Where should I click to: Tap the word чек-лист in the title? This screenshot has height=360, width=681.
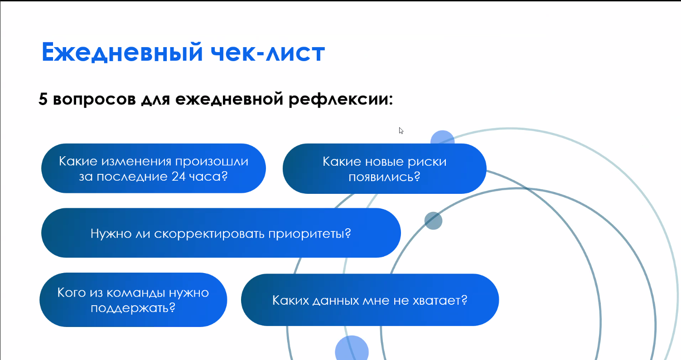[268, 52]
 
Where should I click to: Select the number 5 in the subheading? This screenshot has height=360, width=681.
[43, 99]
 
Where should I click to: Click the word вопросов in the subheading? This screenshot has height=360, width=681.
[95, 100]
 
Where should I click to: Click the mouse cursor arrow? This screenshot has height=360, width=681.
[401, 130]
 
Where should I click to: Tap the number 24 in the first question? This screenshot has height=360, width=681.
[179, 177]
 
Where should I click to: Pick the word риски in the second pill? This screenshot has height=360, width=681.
[427, 162]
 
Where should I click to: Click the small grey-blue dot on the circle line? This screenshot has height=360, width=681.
[433, 221]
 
